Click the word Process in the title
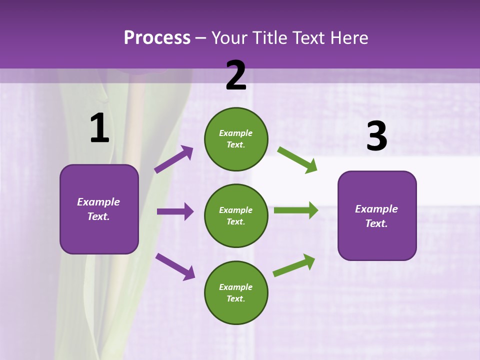157,37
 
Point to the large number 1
99,128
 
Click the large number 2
236,75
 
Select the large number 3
376,136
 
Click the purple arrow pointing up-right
174,159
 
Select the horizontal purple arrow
175,211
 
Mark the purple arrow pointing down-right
175,266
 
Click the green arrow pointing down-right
297,159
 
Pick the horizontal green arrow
296,210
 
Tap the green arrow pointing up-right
294,265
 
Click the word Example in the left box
98,202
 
